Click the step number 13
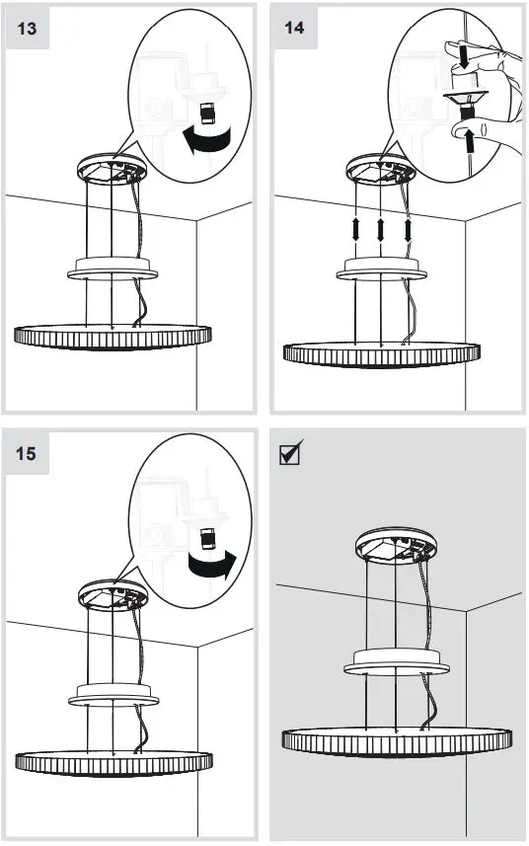29,28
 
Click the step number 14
294,28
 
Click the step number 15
29,454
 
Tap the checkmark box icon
292,455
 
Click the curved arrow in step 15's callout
211,565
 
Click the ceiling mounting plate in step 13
111,168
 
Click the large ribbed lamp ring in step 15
113,761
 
